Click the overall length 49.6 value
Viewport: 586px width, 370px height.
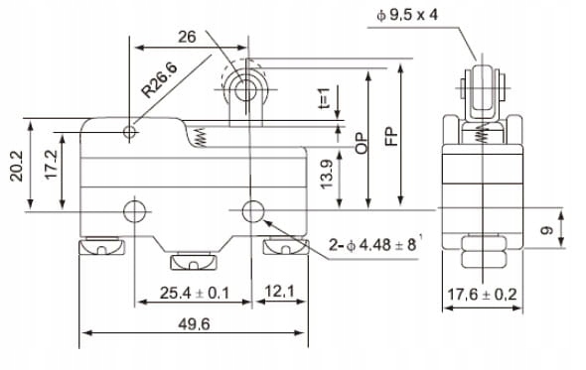(196, 322)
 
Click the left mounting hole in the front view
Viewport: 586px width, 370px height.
(134, 210)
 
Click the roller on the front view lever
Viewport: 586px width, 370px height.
(241, 90)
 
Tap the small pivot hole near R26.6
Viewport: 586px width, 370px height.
(130, 132)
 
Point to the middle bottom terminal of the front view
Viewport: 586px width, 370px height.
(194, 262)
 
